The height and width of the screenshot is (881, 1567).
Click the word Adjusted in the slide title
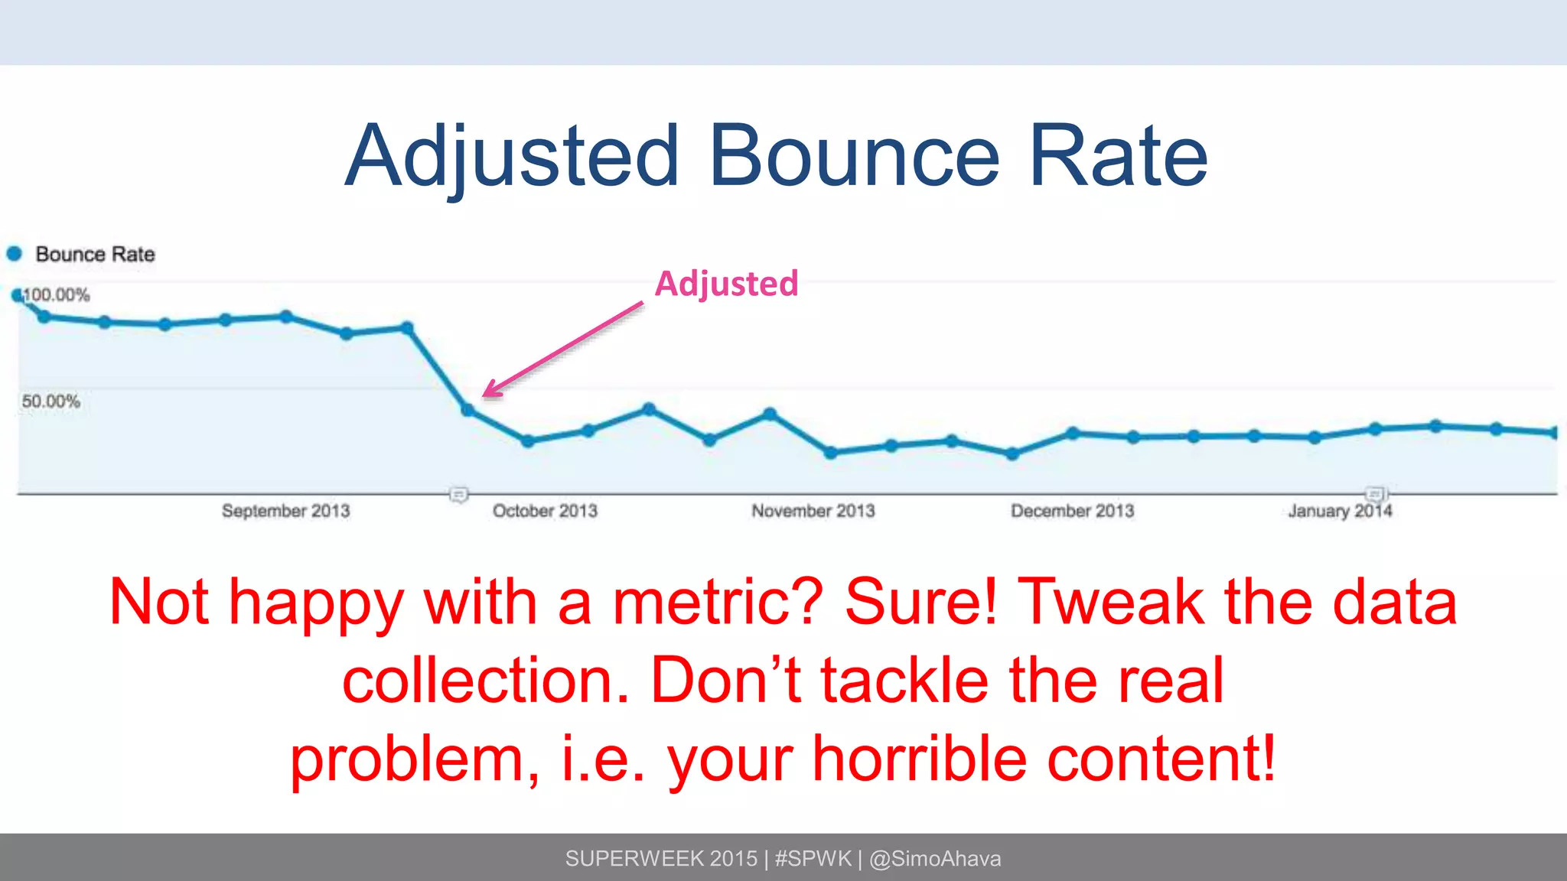click(x=512, y=157)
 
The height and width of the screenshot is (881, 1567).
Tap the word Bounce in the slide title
click(x=854, y=157)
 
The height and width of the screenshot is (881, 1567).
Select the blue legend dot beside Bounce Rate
click(x=15, y=253)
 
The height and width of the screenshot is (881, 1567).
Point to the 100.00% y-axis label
click(x=57, y=295)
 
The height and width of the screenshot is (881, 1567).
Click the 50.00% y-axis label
click(x=50, y=401)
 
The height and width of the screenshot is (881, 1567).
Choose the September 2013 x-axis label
click(x=285, y=511)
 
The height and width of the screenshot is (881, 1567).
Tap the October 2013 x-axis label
click(x=545, y=511)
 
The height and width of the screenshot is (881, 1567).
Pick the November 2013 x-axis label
click(x=813, y=511)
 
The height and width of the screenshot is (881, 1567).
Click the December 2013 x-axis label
click(x=1072, y=511)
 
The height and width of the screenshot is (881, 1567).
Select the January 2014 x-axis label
click(x=1340, y=511)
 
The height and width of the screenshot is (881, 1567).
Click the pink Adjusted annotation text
click(x=726, y=284)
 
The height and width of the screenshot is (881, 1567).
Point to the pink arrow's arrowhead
click(x=488, y=392)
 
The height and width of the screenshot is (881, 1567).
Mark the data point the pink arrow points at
click(x=468, y=411)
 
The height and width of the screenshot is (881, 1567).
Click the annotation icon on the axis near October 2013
click(x=458, y=495)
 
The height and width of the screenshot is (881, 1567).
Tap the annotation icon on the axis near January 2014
click(x=1375, y=494)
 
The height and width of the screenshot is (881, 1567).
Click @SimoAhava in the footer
click(x=935, y=859)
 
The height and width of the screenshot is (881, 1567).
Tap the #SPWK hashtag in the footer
click(x=813, y=859)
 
